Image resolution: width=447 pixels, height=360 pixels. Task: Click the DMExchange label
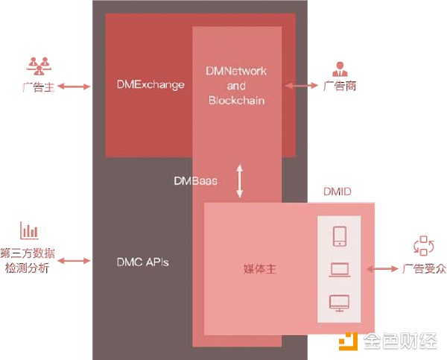tap(150, 85)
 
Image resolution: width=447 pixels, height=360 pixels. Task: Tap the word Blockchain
tap(236, 100)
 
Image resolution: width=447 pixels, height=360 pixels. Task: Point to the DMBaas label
tap(195, 180)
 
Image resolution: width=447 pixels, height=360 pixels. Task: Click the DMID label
tap(337, 192)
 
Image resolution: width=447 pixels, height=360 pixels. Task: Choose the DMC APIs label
tap(143, 262)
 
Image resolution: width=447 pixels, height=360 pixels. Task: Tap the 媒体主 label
tap(260, 268)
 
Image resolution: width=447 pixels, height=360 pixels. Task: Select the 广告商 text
tap(339, 86)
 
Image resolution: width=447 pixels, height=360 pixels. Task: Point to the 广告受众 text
tap(423, 268)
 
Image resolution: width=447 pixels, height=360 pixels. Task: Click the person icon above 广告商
tap(340, 68)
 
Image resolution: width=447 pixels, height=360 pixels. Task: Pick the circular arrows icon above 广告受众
tap(422, 246)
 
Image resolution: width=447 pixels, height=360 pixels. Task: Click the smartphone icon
tap(339, 236)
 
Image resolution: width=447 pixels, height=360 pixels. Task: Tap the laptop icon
tap(339, 270)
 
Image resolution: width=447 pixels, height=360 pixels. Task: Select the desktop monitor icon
tap(339, 303)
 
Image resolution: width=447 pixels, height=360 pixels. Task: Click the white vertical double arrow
tap(240, 181)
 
